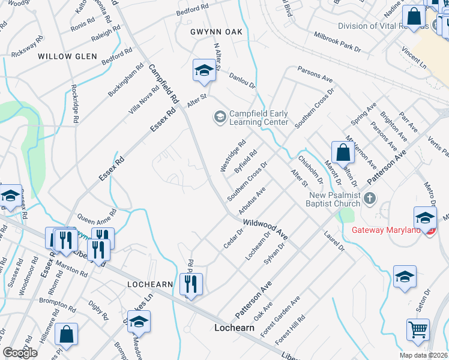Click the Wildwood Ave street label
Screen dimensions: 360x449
click(x=266, y=229)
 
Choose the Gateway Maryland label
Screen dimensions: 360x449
click(x=386, y=230)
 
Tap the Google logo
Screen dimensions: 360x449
click(x=20, y=353)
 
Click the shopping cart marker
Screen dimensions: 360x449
click(x=418, y=329)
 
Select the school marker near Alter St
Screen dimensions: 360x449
click(x=204, y=71)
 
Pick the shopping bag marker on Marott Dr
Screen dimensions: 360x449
click(x=342, y=153)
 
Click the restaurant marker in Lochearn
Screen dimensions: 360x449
click(x=191, y=285)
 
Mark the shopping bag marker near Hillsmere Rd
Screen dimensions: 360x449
click(x=67, y=335)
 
